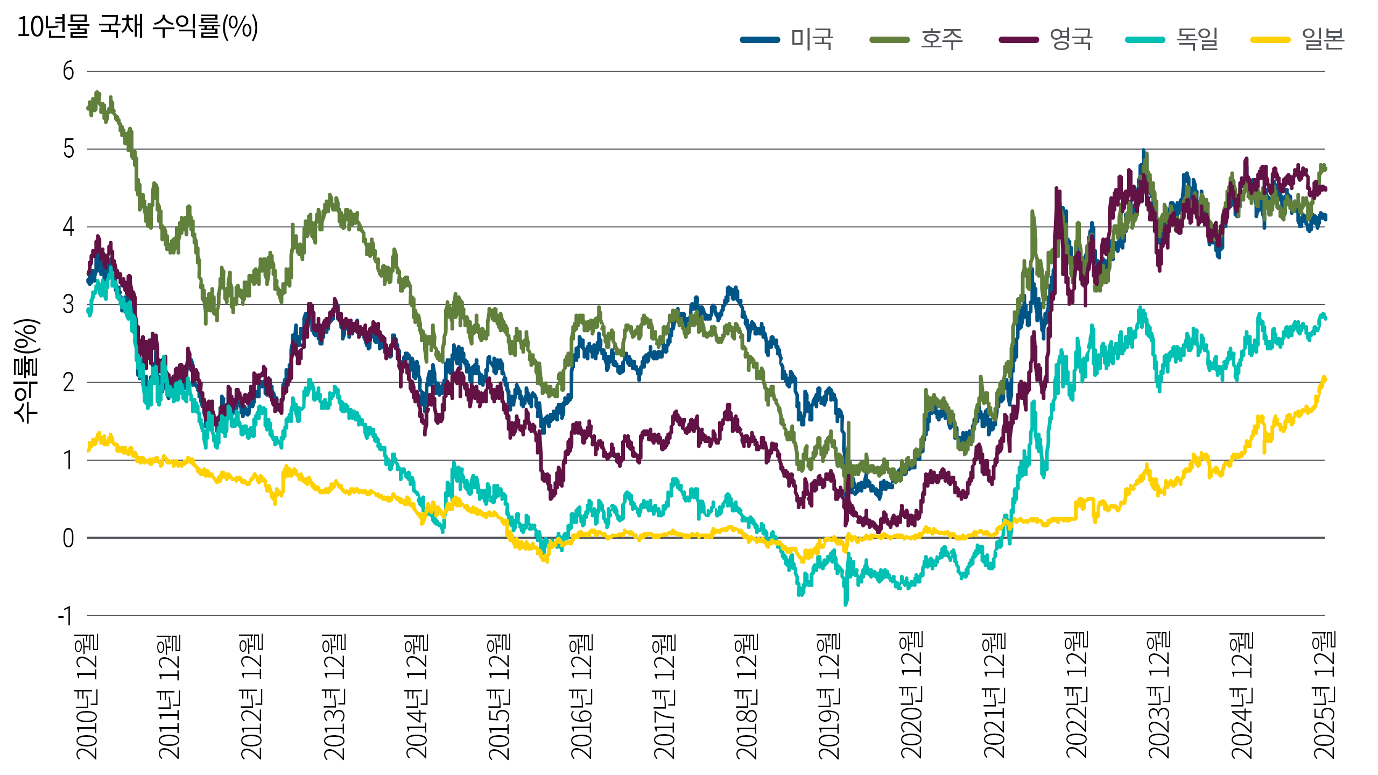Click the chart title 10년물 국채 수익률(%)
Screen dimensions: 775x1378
(x=138, y=26)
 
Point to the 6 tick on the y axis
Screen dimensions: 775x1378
(x=68, y=71)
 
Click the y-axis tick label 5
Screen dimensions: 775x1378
(x=68, y=149)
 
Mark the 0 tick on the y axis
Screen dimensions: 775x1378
(x=68, y=538)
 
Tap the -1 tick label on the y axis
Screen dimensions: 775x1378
(x=66, y=616)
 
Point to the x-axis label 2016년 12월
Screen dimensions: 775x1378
(x=582, y=697)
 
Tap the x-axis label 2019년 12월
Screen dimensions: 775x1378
(x=829, y=697)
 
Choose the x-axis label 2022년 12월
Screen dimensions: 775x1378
(x=1077, y=697)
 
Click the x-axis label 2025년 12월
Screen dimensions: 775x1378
(x=1325, y=697)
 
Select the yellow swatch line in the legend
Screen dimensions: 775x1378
(x=1270, y=39)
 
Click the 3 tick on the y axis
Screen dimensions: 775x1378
(x=68, y=305)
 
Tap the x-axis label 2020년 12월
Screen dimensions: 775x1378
(x=912, y=697)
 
